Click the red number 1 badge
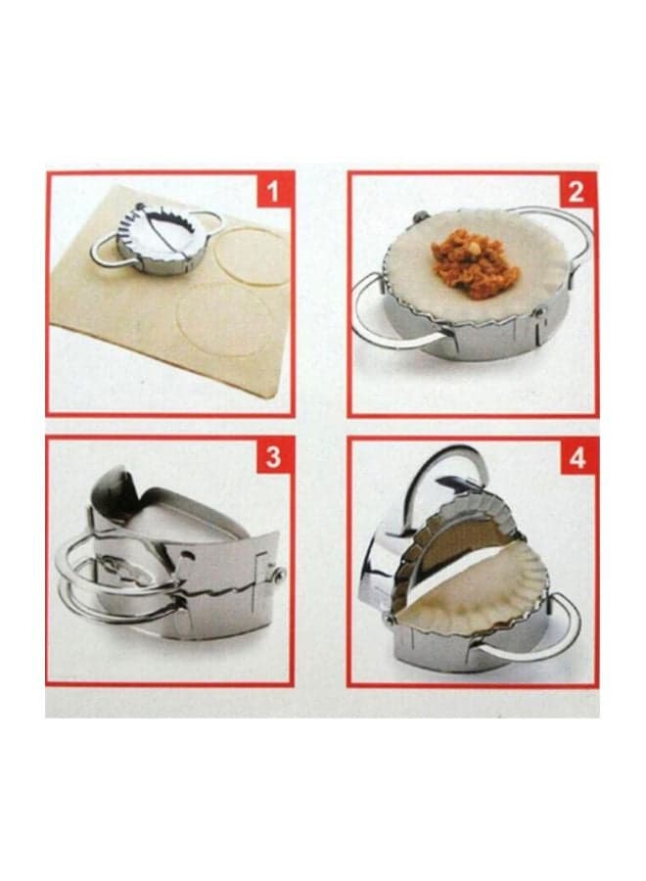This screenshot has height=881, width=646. coord(272,192)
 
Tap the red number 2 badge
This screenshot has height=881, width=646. coord(576,191)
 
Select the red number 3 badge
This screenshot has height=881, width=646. coord(273,457)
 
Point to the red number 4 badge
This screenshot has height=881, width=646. coord(577,458)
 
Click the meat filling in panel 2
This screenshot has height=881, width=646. coord(475,268)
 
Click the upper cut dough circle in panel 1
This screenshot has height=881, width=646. coord(252,256)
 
